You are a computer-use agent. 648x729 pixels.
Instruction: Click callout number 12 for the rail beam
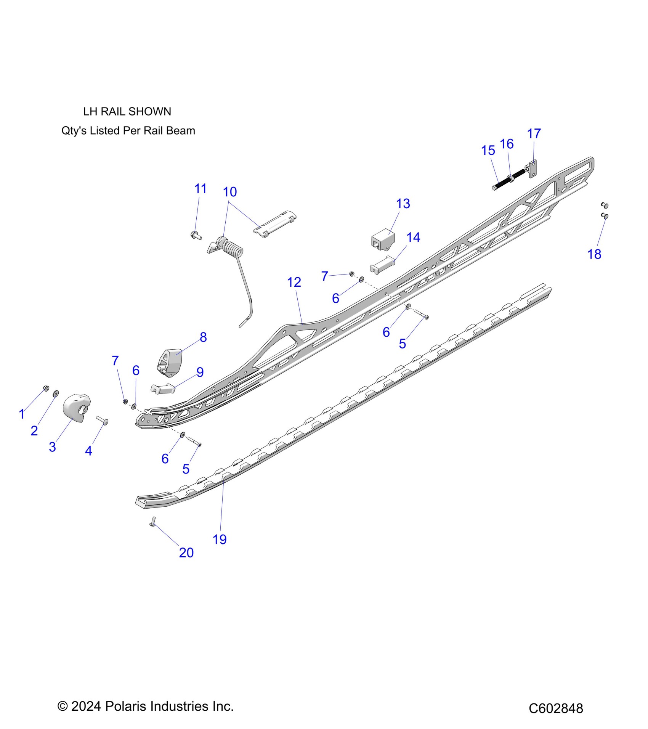294,283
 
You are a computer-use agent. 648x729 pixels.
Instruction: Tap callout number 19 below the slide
220,540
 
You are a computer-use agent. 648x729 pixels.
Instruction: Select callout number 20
186,552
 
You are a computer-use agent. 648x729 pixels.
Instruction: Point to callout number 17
534,134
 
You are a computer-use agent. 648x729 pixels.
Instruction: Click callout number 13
403,204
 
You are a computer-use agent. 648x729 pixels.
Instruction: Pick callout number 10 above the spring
230,192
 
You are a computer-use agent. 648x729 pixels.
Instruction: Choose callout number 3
52,447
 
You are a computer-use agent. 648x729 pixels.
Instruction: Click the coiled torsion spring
232,249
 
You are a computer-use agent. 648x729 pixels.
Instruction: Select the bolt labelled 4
103,420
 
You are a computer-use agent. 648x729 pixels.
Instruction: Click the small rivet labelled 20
153,522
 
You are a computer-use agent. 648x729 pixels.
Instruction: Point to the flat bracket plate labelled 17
533,169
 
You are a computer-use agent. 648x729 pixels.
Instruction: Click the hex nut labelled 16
510,177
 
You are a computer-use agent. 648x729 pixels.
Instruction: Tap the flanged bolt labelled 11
196,235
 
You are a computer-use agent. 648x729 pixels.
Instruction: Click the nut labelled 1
47,388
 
